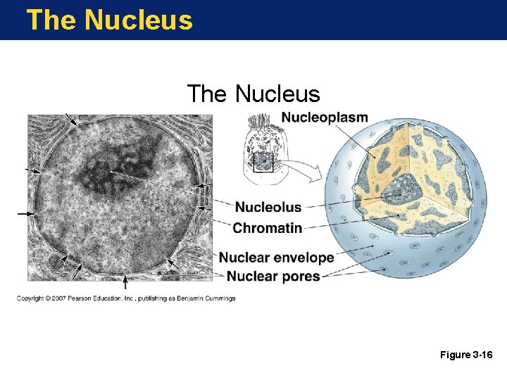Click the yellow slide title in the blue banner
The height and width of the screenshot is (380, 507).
pos(109,20)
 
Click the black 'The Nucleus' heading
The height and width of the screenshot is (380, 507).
pos(254,94)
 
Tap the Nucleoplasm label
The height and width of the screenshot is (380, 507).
pos(325,117)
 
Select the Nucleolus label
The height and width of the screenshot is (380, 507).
pos(268,207)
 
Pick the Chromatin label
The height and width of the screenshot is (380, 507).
pos(268,228)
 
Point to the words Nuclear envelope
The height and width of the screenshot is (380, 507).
pos(276,258)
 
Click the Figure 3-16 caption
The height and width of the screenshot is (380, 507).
pos(466,355)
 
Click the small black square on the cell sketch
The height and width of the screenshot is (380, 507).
pos(263,162)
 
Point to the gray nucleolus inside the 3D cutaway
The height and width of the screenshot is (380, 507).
pos(398,188)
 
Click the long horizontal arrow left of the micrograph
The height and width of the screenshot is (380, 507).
pos(25,213)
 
